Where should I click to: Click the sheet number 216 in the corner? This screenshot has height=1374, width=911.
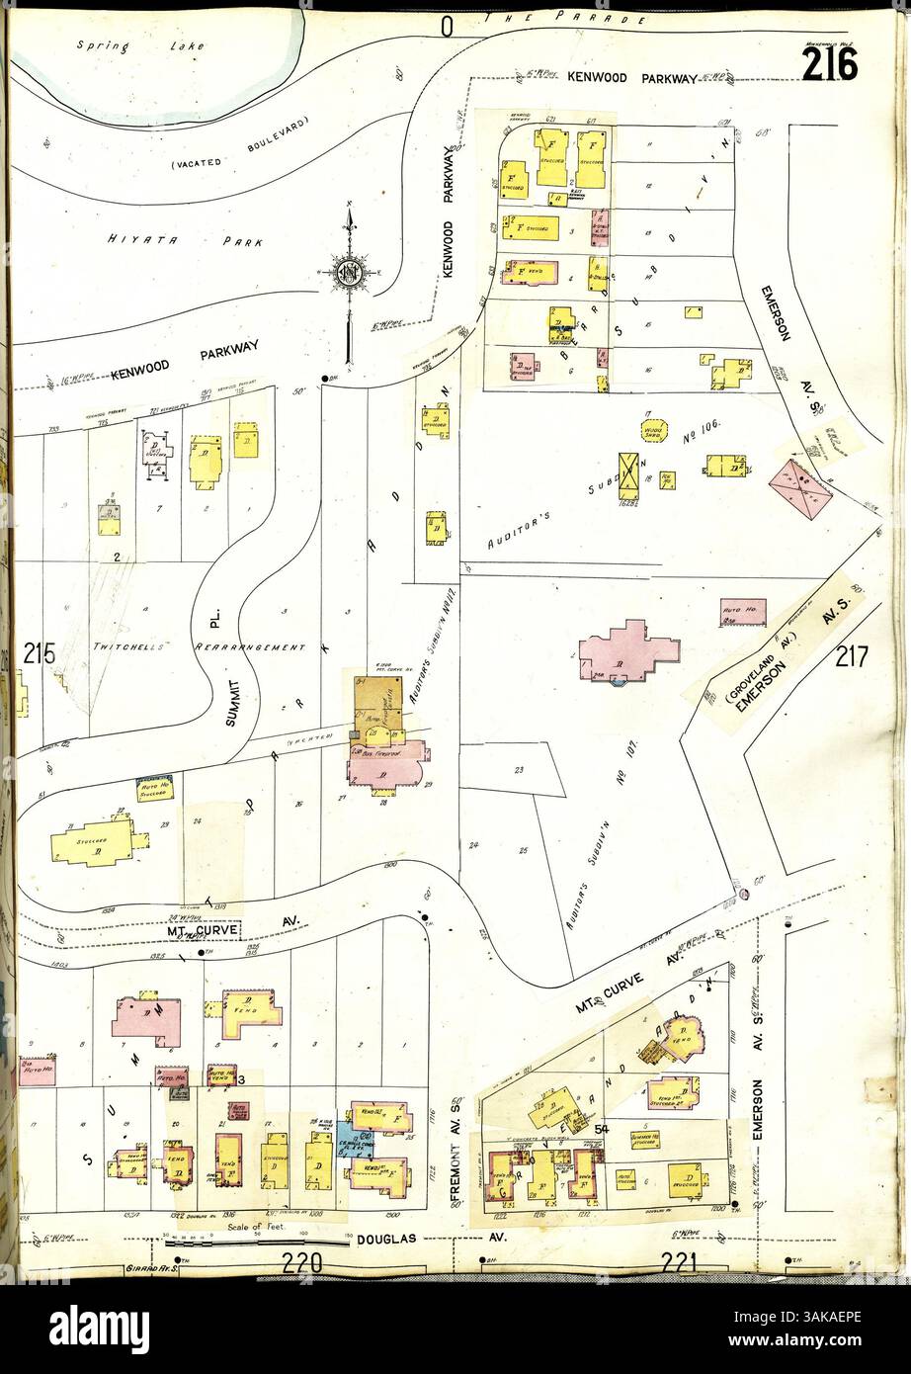tap(829, 65)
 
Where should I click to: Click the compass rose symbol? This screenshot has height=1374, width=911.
tap(349, 273)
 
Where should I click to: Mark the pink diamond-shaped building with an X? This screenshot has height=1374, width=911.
tap(800, 491)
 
